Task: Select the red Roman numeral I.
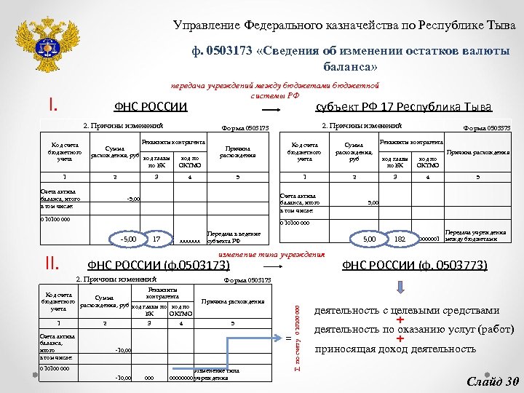(52, 106)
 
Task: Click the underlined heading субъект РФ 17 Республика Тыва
(404, 107)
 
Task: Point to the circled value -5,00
(128, 238)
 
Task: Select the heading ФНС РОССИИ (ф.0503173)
(159, 265)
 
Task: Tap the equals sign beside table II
(287, 337)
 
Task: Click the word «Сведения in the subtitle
(291, 51)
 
